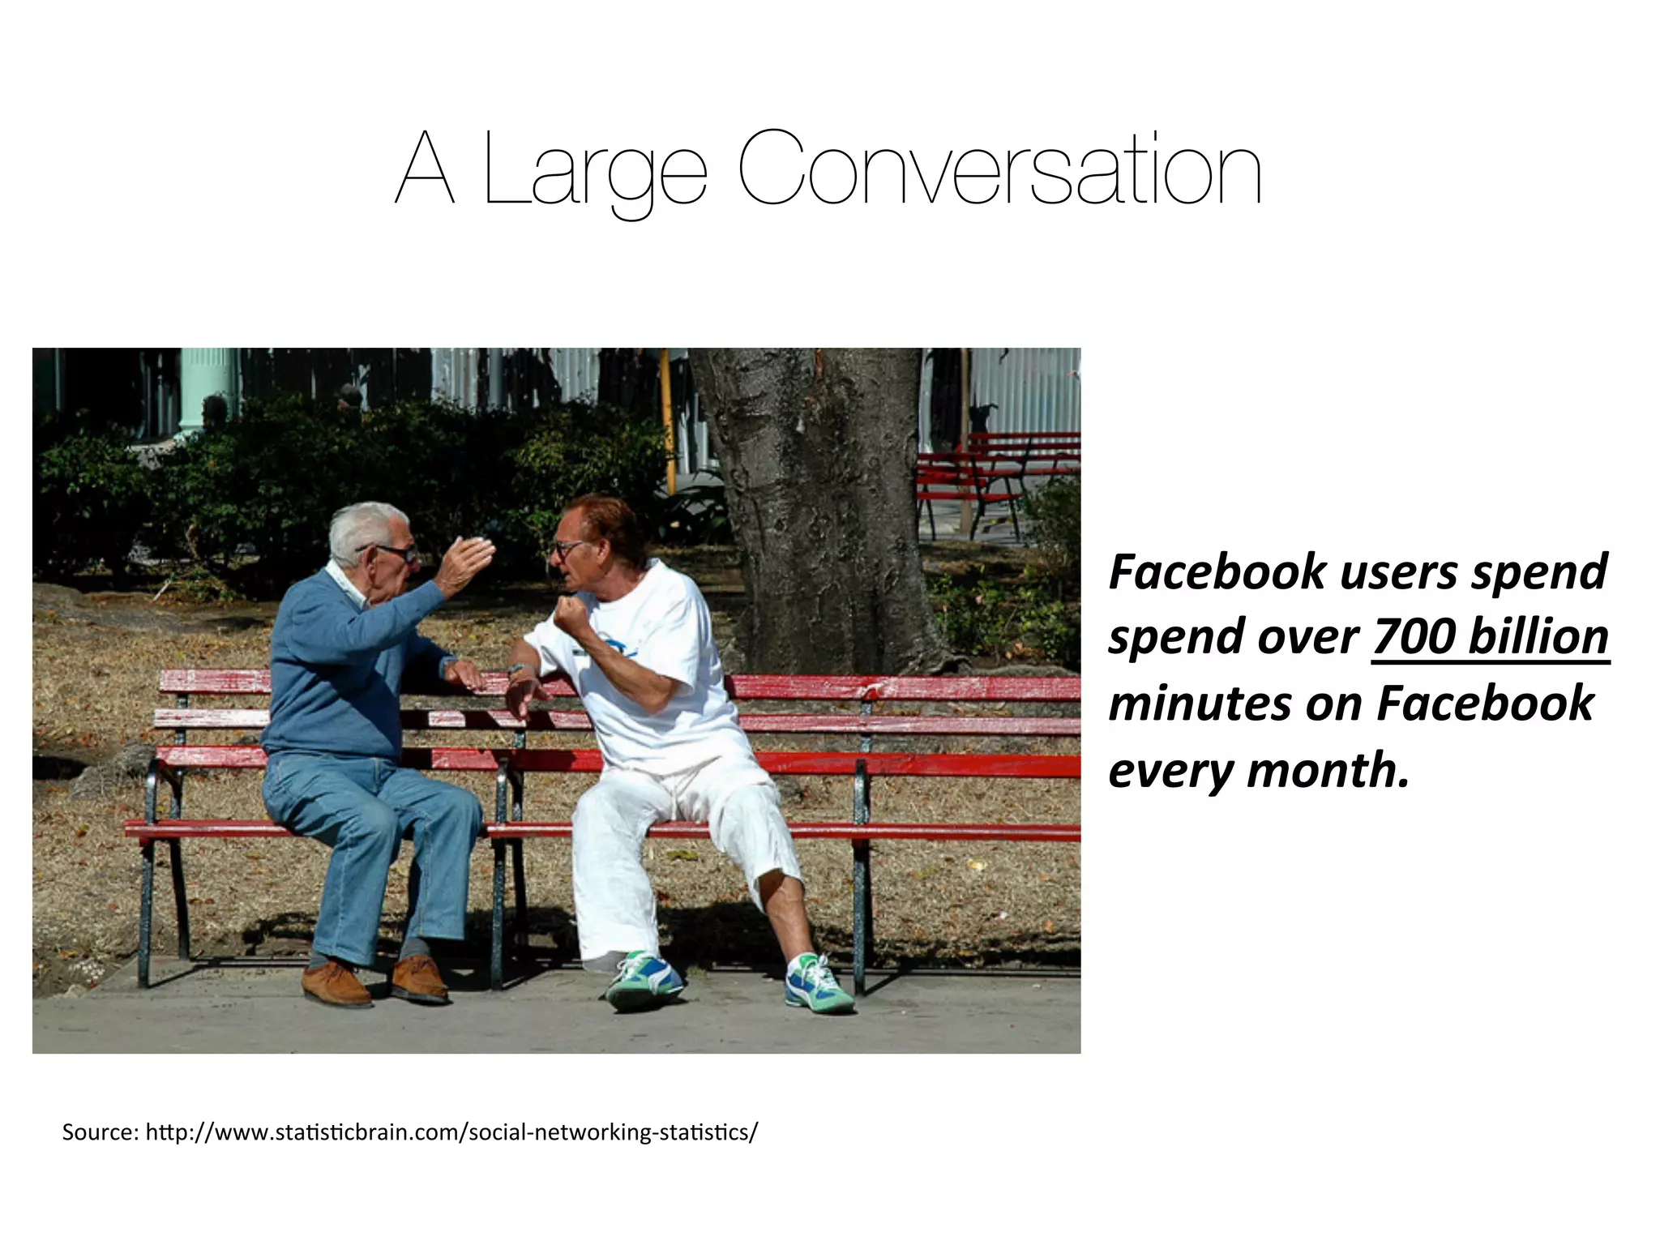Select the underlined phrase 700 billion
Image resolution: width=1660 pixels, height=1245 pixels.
click(1490, 637)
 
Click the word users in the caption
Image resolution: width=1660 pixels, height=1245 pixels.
click(1399, 571)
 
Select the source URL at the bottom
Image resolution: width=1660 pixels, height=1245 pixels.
click(451, 1132)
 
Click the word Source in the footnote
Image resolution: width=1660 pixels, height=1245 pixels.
click(98, 1132)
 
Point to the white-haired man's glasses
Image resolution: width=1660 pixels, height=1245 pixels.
click(395, 553)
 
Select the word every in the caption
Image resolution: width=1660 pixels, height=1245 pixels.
click(1170, 771)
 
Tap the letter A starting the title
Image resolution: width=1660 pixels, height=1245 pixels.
click(424, 170)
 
